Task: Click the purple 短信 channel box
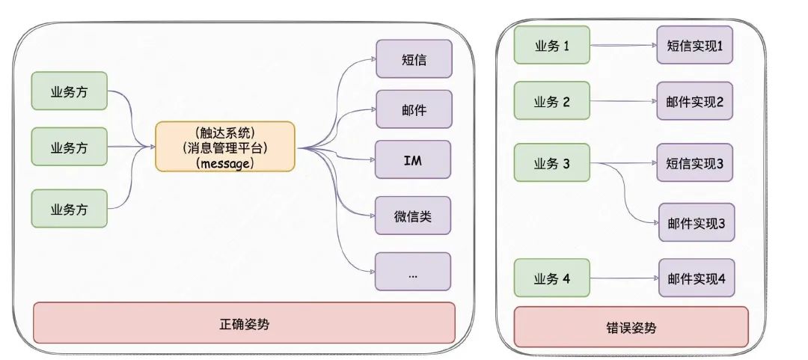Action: pos(413,59)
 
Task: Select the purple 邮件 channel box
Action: pos(413,109)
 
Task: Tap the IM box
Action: pos(413,159)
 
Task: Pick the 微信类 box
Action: pos(413,217)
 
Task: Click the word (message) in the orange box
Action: pos(225,162)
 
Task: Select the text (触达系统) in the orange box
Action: pos(225,132)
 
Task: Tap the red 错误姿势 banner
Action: pos(631,327)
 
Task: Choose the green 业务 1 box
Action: pos(552,46)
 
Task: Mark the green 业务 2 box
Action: pos(552,103)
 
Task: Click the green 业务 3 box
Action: pos(552,163)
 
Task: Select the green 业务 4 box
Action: pos(552,278)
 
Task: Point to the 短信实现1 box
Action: pos(695,46)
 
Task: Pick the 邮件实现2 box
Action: pos(695,103)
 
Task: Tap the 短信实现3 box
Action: pos(695,163)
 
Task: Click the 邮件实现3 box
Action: pos(696,222)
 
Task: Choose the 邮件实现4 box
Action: pos(696,278)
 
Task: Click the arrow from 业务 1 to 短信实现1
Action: pos(622,46)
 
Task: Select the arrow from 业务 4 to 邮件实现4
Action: pos(622,278)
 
